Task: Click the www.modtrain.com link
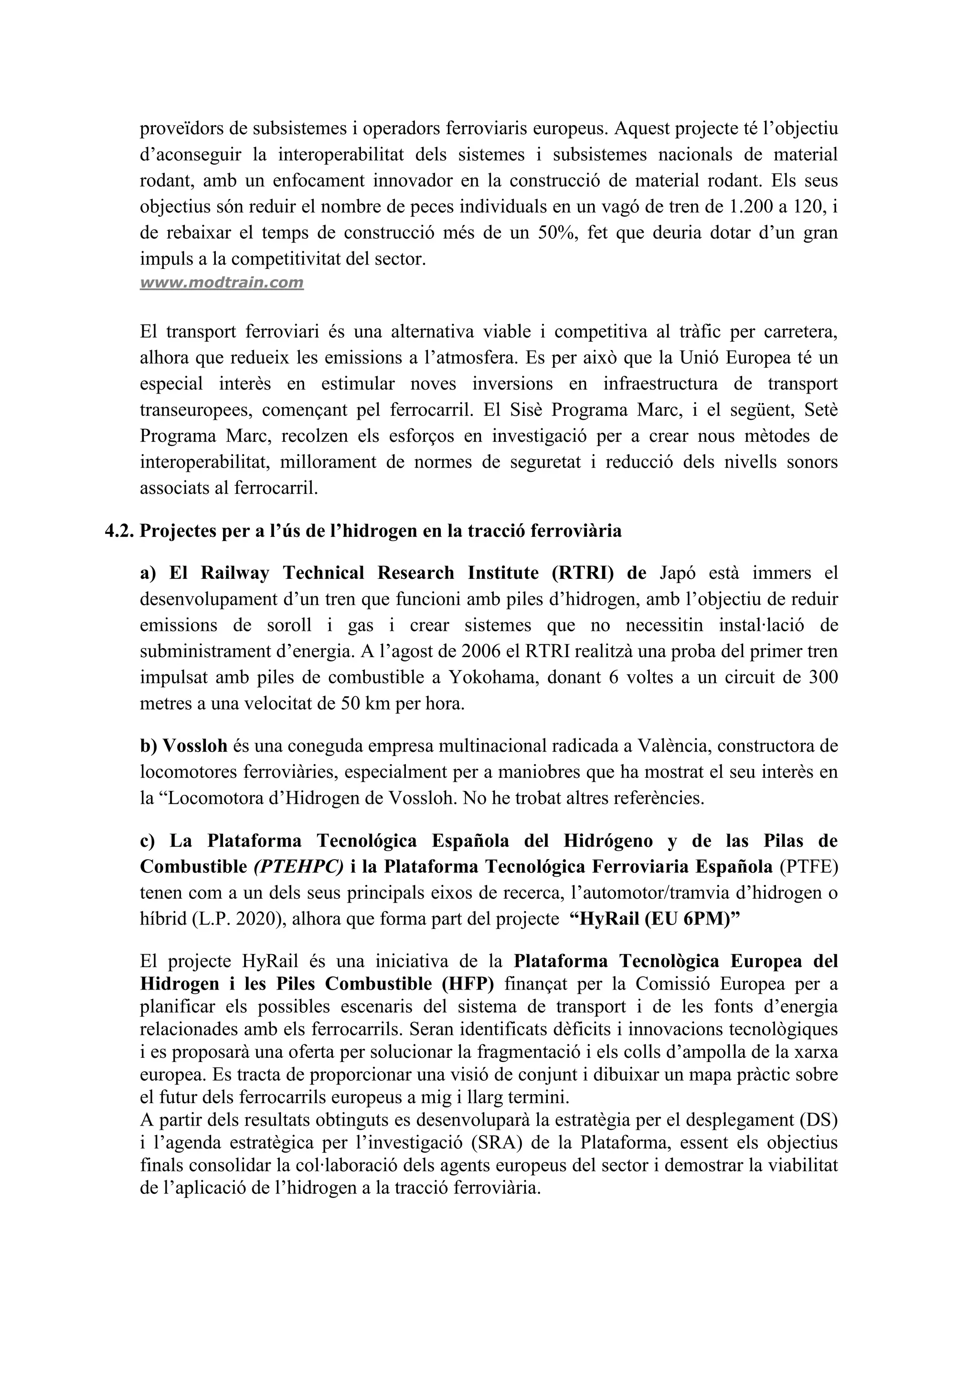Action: click(x=222, y=283)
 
